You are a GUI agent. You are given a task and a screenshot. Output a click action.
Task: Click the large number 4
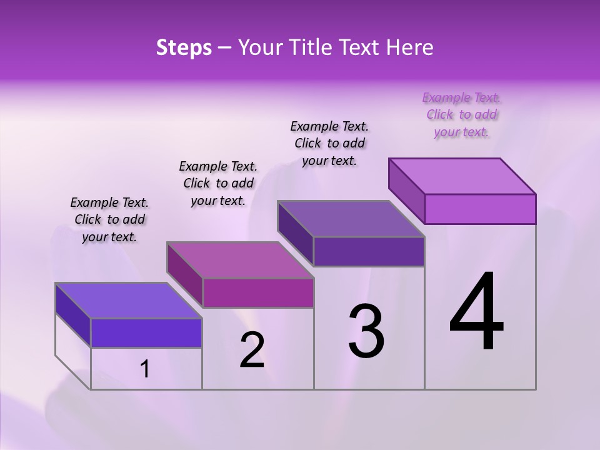click(x=476, y=312)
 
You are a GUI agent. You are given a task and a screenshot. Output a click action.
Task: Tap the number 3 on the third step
click(x=366, y=331)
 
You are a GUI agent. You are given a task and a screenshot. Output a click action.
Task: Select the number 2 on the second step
click(x=252, y=351)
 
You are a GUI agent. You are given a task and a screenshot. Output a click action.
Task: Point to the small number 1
click(x=145, y=369)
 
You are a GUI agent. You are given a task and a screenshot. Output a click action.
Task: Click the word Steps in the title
click(x=184, y=47)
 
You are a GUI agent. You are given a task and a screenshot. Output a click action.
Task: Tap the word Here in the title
click(x=411, y=47)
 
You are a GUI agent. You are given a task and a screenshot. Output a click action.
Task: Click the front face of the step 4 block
click(x=480, y=209)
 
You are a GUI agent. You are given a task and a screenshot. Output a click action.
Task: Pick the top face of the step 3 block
click(x=351, y=219)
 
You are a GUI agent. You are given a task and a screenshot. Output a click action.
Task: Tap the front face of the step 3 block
click(x=369, y=251)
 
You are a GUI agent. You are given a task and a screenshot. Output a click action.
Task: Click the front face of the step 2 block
click(x=258, y=292)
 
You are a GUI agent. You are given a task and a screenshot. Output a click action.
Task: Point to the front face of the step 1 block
click(x=146, y=332)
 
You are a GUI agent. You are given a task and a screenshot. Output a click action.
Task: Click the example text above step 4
click(x=462, y=114)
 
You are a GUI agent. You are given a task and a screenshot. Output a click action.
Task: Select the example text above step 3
click(x=329, y=143)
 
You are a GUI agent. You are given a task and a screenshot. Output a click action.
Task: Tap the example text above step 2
click(x=218, y=183)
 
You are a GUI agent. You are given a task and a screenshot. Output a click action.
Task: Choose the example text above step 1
click(x=109, y=219)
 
